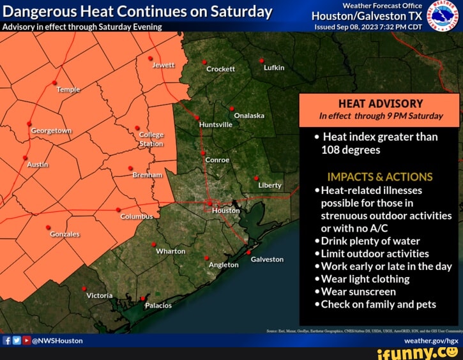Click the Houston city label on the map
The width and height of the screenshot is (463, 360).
[x=226, y=211]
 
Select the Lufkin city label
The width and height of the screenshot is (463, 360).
[x=274, y=68]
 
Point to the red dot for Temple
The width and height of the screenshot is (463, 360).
[x=54, y=82]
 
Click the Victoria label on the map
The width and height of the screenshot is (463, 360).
[x=99, y=296]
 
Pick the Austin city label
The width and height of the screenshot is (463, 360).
[x=38, y=165]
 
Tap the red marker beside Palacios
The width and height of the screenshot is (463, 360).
[x=142, y=299]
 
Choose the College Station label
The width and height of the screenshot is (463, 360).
[x=151, y=139]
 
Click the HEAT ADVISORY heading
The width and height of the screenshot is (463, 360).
[x=380, y=103]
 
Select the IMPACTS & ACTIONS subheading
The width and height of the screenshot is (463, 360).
[x=380, y=177]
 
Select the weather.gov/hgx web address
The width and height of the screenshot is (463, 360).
[x=431, y=341]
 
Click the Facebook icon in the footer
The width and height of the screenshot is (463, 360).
[x=7, y=341]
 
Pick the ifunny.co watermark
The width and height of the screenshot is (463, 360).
[x=418, y=353]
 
